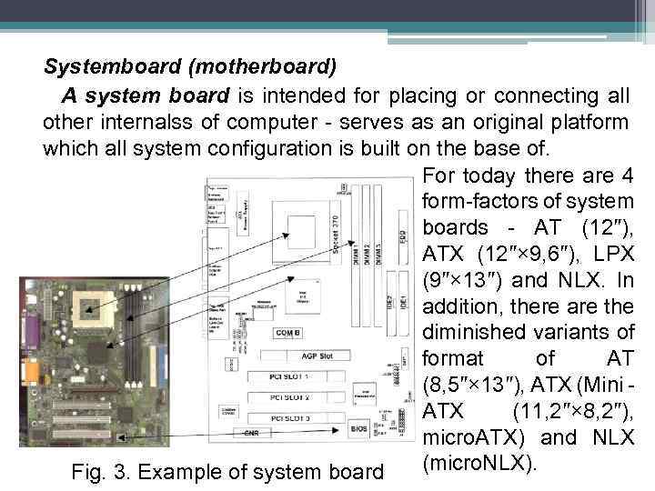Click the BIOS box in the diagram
click(359, 427)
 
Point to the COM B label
click(292, 333)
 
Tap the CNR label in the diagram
click(251, 434)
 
